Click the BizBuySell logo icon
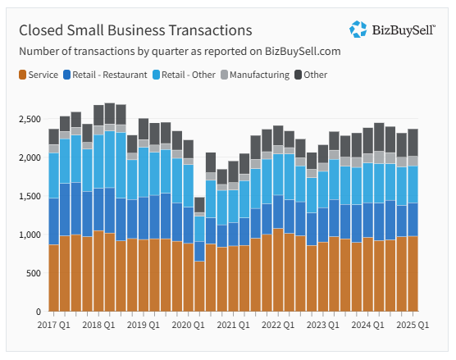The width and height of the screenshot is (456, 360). click(x=358, y=29)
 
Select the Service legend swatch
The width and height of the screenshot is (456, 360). click(x=22, y=75)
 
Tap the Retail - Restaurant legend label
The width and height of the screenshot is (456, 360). click(x=110, y=75)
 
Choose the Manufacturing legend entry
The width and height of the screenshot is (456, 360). click(x=255, y=75)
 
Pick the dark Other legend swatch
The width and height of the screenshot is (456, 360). click(x=298, y=75)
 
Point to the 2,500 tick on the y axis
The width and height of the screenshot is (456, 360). click(x=30, y=119)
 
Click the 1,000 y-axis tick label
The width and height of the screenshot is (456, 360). click(x=30, y=235)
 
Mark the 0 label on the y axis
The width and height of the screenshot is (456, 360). click(x=38, y=312)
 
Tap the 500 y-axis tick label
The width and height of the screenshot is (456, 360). click(x=34, y=273)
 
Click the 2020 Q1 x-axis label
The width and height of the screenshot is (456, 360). click(x=188, y=325)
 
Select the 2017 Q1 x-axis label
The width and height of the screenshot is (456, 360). click(x=54, y=325)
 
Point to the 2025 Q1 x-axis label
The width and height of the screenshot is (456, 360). click(x=413, y=325)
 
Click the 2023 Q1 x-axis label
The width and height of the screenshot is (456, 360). click(x=323, y=325)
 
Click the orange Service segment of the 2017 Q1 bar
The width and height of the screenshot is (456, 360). click(x=54, y=278)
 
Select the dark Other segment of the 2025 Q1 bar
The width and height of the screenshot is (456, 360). click(x=413, y=143)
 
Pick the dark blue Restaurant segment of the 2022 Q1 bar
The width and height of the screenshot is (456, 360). click(x=278, y=212)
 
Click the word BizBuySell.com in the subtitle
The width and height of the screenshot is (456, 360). click(x=303, y=51)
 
